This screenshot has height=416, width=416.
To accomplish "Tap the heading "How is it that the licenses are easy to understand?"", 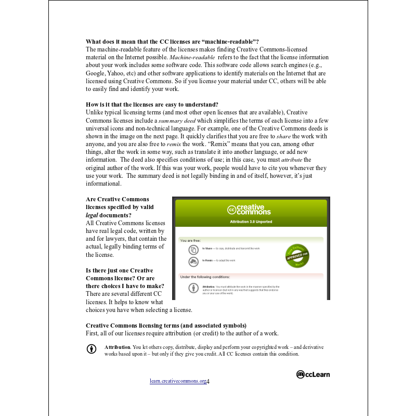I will click(152, 104).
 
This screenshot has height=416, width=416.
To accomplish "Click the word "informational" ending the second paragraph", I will click(103, 184).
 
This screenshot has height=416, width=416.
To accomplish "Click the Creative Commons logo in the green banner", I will click(249, 210).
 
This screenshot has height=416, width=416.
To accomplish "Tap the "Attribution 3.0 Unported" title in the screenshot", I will click(251, 222).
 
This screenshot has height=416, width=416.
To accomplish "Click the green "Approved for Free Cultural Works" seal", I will click(298, 255).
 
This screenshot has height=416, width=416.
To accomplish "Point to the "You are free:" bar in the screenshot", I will click(251, 241).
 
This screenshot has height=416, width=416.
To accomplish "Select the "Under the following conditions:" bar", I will click(251, 277).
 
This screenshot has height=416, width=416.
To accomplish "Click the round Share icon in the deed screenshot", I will click(193, 250).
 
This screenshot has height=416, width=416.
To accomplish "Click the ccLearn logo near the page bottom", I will click(313, 374).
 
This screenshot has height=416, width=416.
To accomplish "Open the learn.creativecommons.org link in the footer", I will click(178, 381).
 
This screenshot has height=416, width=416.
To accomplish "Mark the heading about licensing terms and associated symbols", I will click(166, 326).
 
